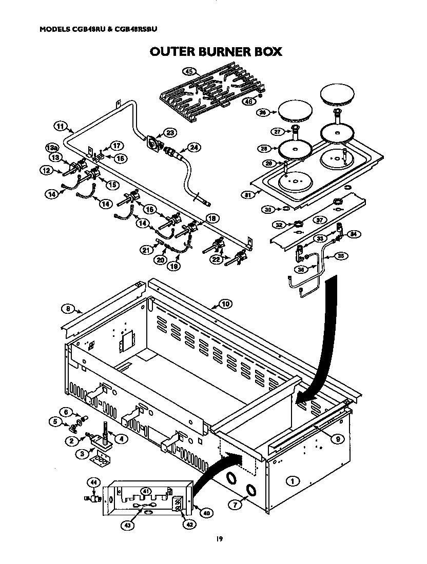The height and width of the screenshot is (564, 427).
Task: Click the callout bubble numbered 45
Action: click(x=189, y=72)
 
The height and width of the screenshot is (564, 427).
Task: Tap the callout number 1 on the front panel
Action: click(x=293, y=481)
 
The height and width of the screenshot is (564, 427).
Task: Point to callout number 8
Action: click(x=67, y=308)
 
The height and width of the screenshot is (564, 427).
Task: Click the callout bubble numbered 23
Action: click(x=169, y=133)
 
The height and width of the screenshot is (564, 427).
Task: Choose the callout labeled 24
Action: click(x=193, y=147)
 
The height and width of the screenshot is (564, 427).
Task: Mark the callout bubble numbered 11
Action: click(x=61, y=126)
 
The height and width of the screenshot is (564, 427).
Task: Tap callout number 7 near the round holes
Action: click(x=235, y=505)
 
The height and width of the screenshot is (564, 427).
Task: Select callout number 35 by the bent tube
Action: click(x=341, y=255)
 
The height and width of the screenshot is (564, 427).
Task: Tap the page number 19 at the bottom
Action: click(x=219, y=538)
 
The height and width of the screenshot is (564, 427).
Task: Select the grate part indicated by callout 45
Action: click(x=210, y=92)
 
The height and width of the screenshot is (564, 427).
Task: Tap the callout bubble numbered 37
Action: click(x=319, y=220)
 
